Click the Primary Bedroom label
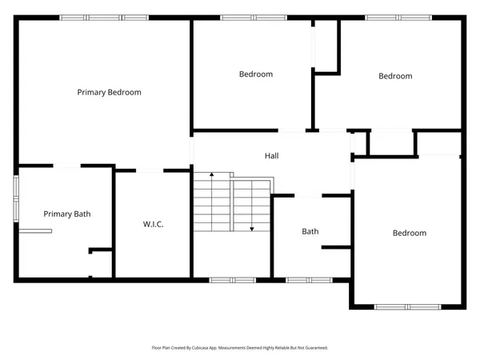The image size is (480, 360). [x=109, y=92]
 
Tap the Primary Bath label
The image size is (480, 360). [x=67, y=214]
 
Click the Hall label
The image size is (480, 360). [x=272, y=155]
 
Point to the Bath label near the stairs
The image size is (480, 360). [x=310, y=232]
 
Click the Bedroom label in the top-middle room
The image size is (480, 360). [x=256, y=74]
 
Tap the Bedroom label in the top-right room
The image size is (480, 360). [x=395, y=76]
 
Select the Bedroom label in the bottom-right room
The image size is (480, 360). [x=409, y=233]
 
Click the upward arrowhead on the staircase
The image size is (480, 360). [x=212, y=174]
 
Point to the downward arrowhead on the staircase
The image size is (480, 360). [x=252, y=229]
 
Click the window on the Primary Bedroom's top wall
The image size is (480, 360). [x=104, y=18]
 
